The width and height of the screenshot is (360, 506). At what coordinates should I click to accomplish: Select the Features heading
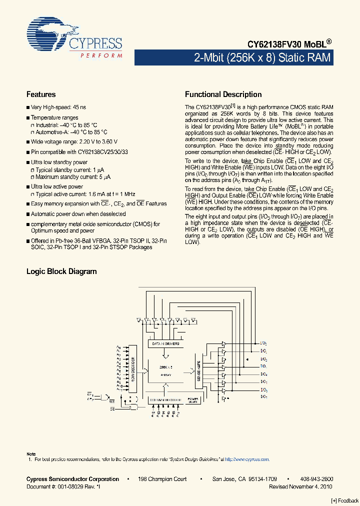tap(41, 94)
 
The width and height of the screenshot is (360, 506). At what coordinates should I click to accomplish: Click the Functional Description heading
tap(223, 94)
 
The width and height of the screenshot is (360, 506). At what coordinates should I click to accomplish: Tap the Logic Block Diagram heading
tap(61, 271)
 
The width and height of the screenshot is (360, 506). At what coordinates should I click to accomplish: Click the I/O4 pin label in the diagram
tap(264, 374)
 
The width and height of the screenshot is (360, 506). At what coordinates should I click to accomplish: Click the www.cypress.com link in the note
tap(247, 459)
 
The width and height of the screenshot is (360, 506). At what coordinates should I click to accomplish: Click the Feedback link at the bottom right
tap(345, 501)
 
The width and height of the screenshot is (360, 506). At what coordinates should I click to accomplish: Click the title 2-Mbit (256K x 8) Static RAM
tap(262, 57)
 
